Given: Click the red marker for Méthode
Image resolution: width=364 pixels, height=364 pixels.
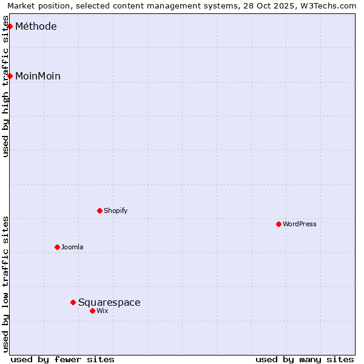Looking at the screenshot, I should pos(10,26).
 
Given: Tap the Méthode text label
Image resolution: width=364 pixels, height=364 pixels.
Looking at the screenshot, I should pos(36,27).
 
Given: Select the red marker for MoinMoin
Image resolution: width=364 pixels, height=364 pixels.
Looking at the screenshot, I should pos(10,76).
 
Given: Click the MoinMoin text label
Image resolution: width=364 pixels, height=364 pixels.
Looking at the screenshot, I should pos(38,76).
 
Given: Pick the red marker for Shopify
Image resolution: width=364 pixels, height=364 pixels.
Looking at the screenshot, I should pos(99,211).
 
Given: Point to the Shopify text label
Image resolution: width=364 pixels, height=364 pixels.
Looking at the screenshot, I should pos(115,211).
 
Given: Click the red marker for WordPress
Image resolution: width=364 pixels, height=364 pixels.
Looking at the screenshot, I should pos(278,224).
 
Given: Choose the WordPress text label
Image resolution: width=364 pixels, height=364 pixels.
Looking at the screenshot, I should pos(300,224).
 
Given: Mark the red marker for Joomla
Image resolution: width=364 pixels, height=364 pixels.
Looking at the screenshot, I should pos(57,247).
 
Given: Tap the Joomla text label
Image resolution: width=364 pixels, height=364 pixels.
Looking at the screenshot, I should pos(72,248).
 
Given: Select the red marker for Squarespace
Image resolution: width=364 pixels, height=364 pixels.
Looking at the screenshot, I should pos(73,302).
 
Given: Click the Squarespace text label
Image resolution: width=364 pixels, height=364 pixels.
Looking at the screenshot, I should pos(109,303).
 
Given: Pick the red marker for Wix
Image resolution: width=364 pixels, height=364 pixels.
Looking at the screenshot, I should pos(92,311).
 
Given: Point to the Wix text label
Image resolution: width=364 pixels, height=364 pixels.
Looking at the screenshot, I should pos(103,311).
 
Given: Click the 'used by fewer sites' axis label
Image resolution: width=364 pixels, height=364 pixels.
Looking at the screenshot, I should pos(62,359).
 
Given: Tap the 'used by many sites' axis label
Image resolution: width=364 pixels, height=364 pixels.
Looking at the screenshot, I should pos(305,359).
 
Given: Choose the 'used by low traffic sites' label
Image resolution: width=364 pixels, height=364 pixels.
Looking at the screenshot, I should pos(6,284).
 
